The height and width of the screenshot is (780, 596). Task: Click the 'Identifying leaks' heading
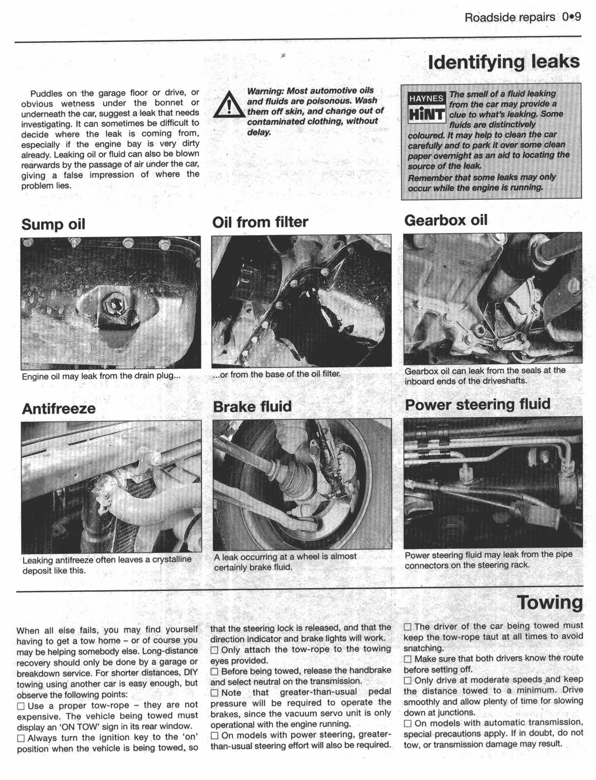(504, 62)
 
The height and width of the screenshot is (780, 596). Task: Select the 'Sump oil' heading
(53, 225)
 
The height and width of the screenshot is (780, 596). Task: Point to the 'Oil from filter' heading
(260, 222)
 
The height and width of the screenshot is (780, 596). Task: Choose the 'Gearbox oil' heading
(446, 221)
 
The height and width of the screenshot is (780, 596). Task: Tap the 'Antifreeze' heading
(59, 409)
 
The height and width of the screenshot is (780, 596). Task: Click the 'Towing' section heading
(550, 603)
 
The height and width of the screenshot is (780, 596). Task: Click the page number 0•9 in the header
(572, 18)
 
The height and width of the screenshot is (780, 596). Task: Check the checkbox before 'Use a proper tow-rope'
(21, 706)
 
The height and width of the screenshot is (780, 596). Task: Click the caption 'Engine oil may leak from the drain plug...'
(101, 376)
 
